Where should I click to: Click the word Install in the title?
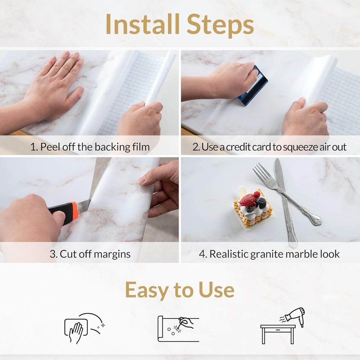click(x=142, y=24)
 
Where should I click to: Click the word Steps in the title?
click(x=220, y=25)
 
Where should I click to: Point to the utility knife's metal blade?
click(x=85, y=206)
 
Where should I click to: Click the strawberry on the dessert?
click(x=247, y=200)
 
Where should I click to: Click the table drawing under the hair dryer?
click(x=278, y=334)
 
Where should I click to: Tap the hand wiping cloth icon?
click(x=84, y=328)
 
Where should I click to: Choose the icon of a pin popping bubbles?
click(x=178, y=329)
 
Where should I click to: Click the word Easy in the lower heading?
click(x=147, y=290)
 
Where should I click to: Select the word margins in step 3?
click(x=112, y=255)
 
